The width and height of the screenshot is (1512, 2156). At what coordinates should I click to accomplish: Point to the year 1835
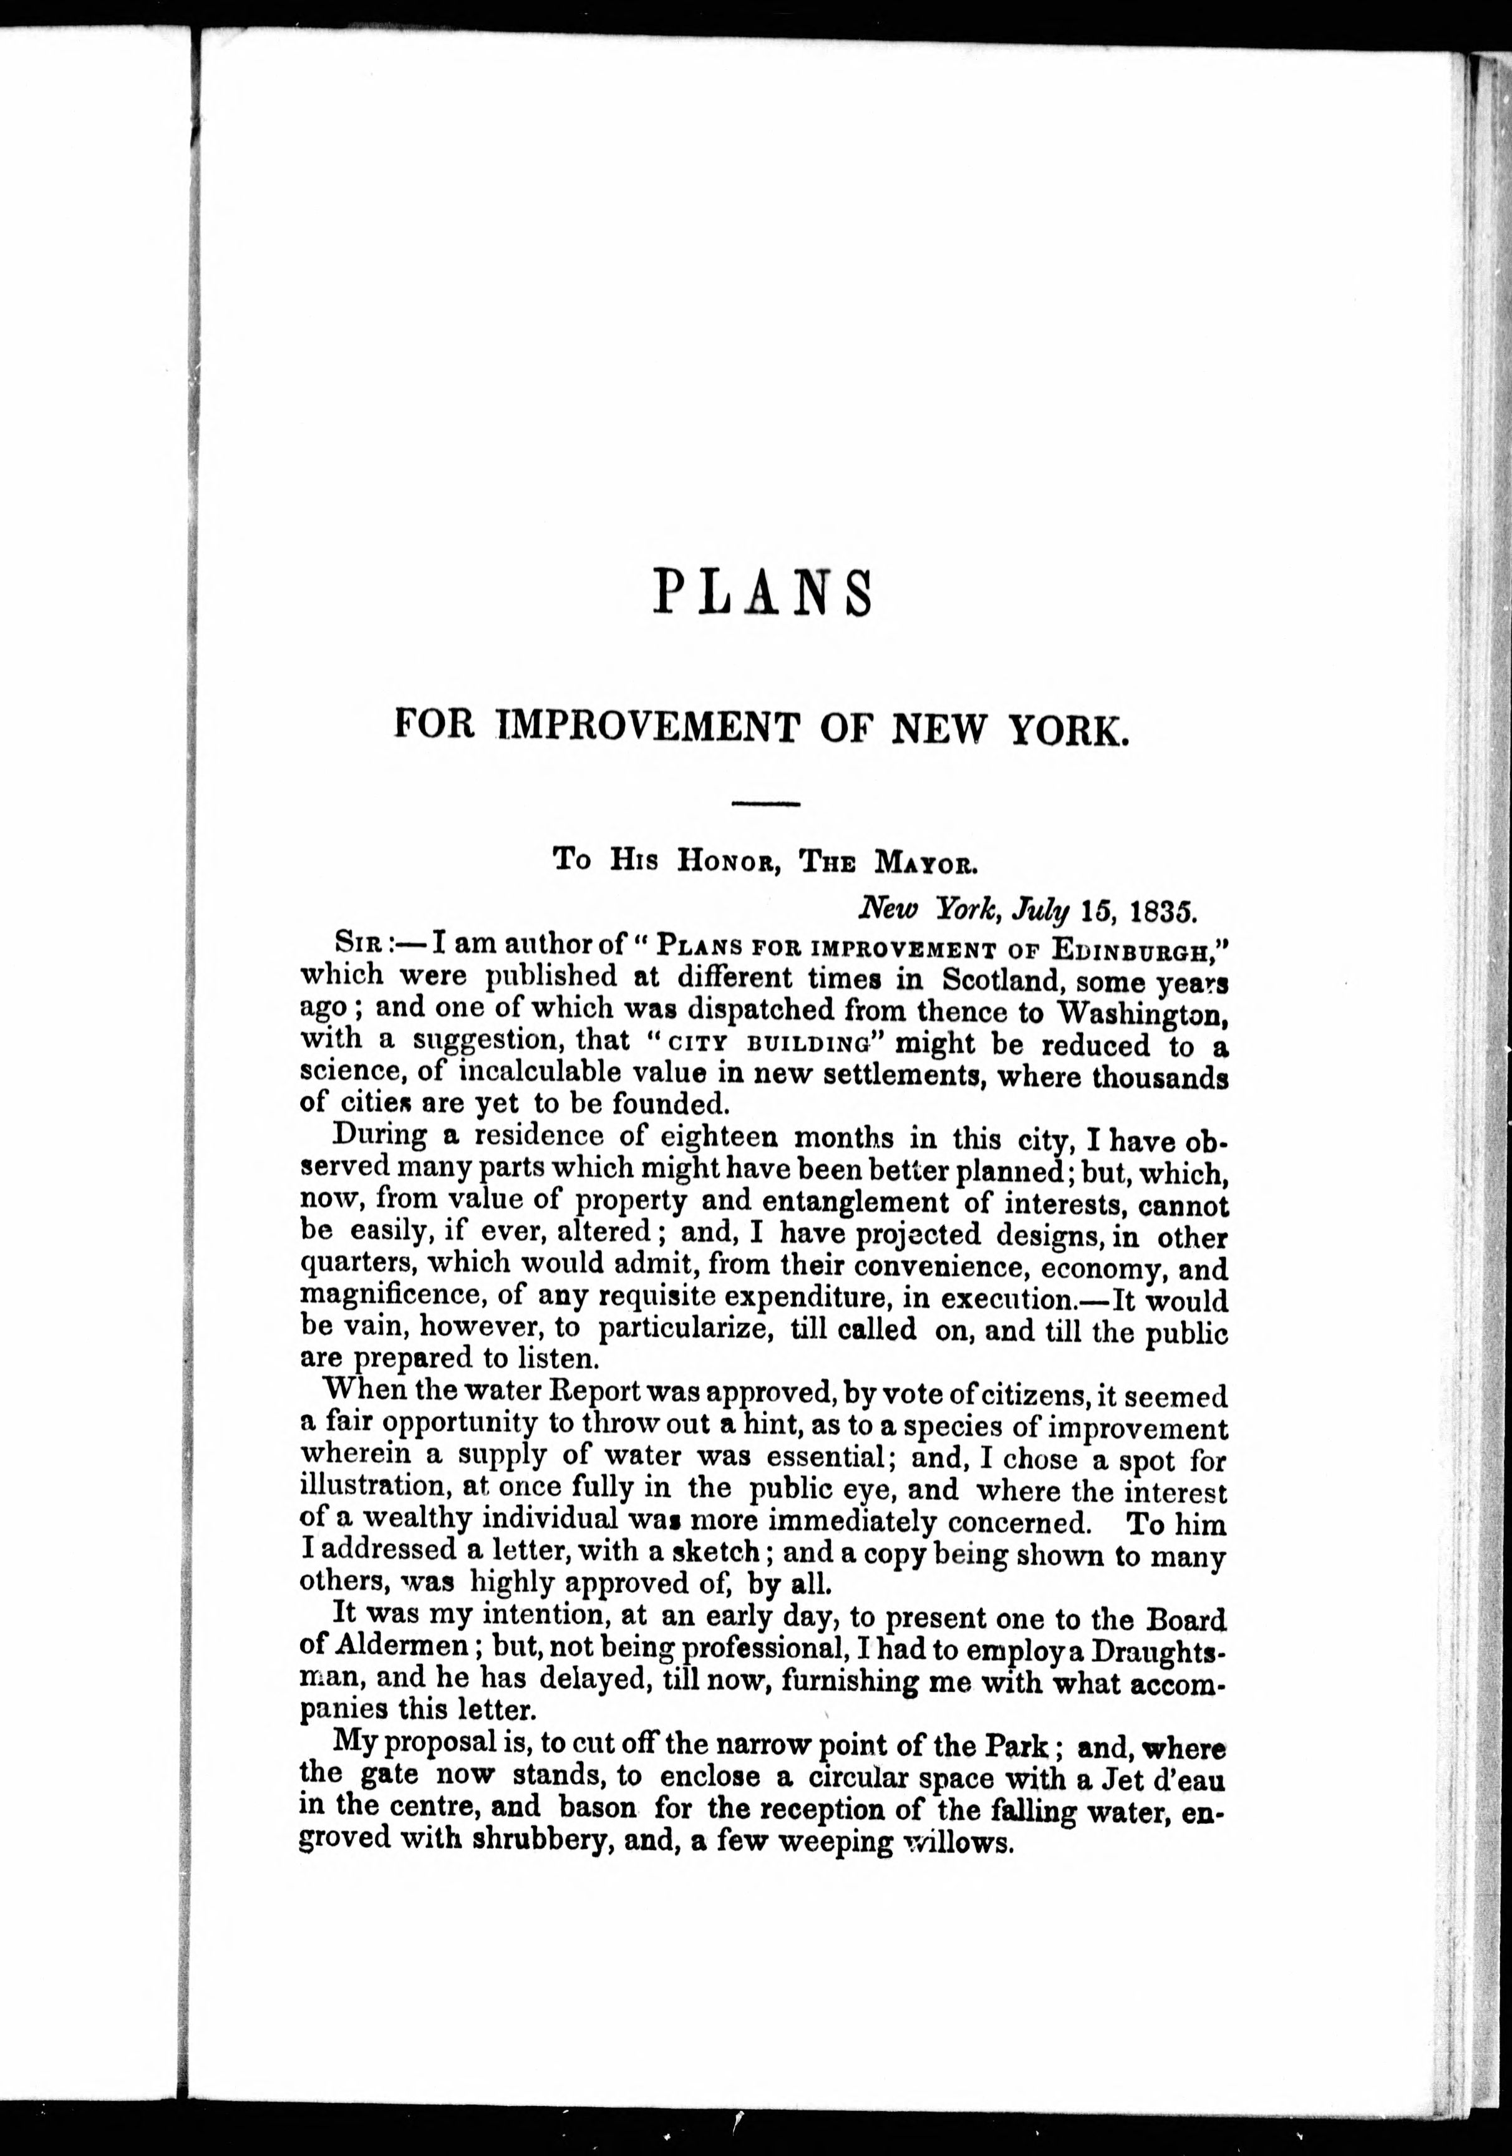[x=1161, y=910]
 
